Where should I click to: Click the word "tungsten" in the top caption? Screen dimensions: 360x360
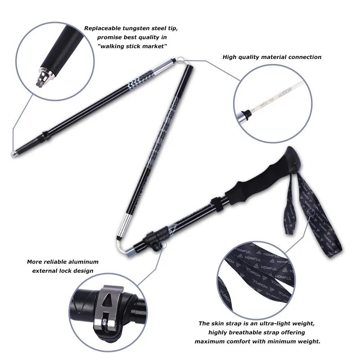135,28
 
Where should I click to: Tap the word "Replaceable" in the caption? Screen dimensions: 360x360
103,28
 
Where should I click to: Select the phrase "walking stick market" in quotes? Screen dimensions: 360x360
132,46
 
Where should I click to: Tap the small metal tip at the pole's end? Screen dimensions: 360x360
14,154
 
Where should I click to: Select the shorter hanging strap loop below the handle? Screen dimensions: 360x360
289,204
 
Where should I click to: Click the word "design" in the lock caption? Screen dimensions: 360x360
84,271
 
